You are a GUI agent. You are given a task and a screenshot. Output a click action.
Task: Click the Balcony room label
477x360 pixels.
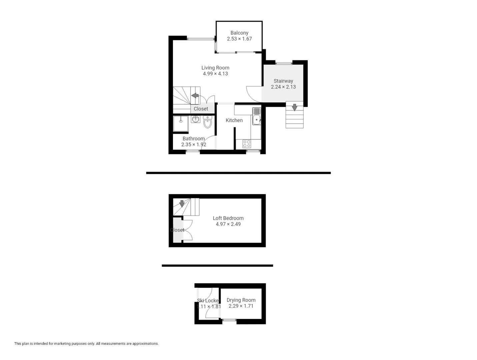tap(239, 33)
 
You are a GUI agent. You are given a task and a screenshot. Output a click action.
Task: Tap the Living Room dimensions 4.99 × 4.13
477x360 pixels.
tap(215, 74)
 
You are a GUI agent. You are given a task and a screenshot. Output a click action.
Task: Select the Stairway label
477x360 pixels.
tap(283, 81)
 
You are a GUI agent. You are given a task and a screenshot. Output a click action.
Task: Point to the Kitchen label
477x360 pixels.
tap(234, 120)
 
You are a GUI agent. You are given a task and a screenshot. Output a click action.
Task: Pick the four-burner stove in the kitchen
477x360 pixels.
tap(247, 144)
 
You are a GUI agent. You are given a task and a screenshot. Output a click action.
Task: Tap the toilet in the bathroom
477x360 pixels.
tap(207, 122)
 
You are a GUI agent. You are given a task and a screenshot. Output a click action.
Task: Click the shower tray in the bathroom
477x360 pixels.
tap(181, 123)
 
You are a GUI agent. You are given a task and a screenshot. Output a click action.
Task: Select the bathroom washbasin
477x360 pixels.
tap(195, 119)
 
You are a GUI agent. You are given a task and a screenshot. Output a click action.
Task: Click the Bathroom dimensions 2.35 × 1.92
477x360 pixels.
tap(194, 144)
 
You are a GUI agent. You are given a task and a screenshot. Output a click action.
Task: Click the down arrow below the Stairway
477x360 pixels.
tap(294, 107)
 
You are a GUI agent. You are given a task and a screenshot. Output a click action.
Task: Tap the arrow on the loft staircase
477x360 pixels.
tap(182, 203)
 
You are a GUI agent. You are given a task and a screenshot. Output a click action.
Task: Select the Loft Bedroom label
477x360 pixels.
tap(228, 218)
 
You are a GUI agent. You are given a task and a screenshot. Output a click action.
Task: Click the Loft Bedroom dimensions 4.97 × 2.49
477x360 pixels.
tap(228, 224)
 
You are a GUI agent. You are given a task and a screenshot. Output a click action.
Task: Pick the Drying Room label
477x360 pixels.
tap(241, 300)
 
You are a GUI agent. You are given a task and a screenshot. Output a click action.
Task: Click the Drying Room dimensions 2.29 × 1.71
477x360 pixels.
tap(241, 306)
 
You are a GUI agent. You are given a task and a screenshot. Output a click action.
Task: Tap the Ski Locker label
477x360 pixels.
tap(208, 301)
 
